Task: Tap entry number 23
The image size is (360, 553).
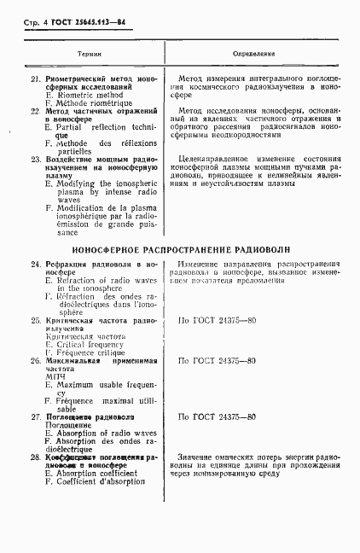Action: coord(35,160)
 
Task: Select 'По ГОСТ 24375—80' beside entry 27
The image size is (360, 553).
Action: coord(217,416)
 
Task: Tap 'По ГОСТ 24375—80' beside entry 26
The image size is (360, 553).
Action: coord(217,361)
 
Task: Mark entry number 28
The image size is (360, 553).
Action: coord(35,458)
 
